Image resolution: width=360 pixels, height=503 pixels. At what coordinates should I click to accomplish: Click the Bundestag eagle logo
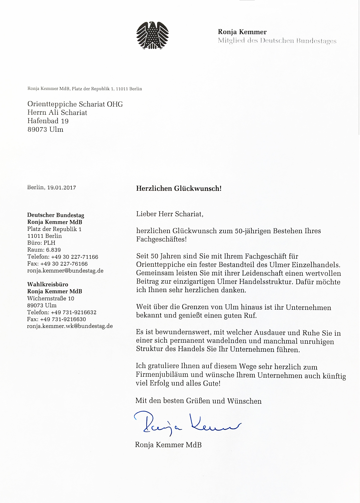[152, 35]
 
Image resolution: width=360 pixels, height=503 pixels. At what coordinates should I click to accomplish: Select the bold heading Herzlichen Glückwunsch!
[179, 188]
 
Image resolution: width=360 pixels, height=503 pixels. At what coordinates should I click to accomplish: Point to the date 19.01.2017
[61, 188]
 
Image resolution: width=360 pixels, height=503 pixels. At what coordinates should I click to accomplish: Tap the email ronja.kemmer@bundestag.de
[65, 271]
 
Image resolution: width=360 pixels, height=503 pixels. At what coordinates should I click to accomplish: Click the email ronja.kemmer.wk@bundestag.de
[70, 326]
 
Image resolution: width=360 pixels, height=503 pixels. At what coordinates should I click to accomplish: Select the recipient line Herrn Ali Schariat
[57, 113]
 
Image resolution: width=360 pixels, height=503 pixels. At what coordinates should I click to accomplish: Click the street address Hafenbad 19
[48, 121]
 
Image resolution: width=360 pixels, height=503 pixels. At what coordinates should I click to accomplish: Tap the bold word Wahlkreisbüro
[48, 284]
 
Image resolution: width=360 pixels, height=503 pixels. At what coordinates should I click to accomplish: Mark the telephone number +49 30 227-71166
[74, 257]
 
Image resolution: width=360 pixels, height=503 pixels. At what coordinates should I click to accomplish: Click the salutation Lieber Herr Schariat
[170, 214]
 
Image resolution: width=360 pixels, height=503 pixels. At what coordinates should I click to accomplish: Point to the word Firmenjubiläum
[162, 375]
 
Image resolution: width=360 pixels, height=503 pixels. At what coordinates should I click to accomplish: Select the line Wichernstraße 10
[51, 298]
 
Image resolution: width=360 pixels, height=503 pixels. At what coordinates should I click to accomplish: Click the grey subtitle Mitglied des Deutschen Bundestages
[277, 41]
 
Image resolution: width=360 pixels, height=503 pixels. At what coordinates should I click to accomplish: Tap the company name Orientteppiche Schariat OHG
[75, 104]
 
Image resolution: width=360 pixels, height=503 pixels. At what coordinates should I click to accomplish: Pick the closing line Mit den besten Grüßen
[198, 401]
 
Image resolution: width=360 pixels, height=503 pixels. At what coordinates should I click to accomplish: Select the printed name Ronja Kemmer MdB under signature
[168, 445]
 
